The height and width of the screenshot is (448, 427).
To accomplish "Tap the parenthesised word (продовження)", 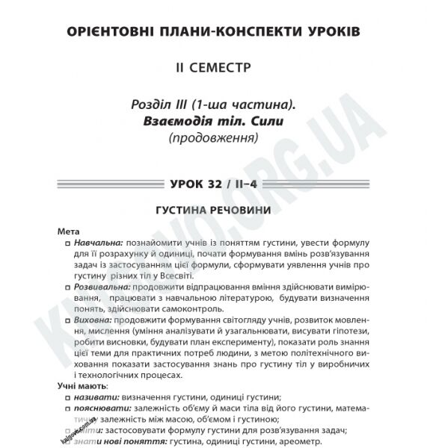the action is tap(213, 138).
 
